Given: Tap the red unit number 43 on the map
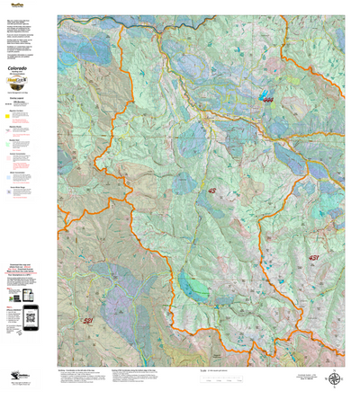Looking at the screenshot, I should pyautogui.click(x=212, y=191).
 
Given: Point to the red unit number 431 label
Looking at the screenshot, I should pyautogui.click(x=313, y=258).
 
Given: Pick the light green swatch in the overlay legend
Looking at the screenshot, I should pyautogui.click(x=9, y=131).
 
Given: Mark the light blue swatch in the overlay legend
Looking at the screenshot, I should pyautogui.click(x=9, y=177).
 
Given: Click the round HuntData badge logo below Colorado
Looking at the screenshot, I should pyautogui.click(x=26, y=88).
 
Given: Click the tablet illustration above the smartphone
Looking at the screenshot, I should pyautogui.click(x=27, y=294).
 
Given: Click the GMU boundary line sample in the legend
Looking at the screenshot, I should pyautogui.click(x=9, y=104).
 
